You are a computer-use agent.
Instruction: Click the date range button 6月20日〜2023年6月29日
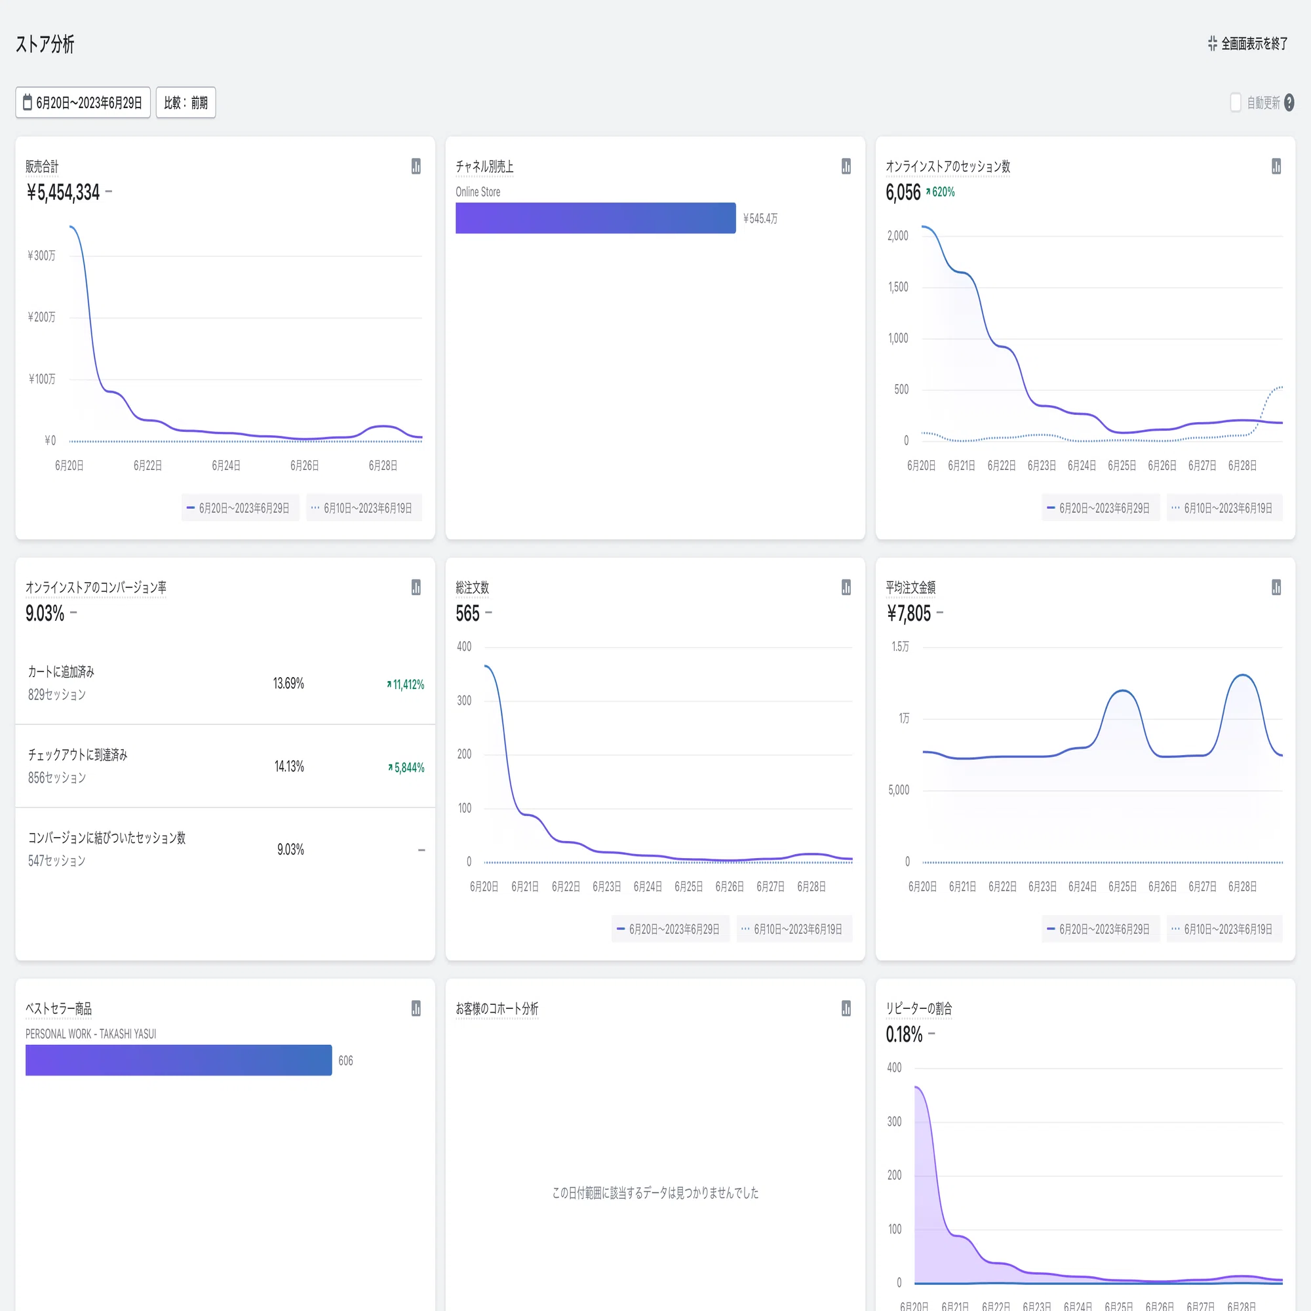(x=83, y=102)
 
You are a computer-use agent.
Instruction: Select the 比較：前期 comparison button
(x=186, y=102)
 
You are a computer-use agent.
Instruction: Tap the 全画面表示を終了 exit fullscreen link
(x=1247, y=44)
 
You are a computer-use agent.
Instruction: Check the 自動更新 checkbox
(x=1236, y=102)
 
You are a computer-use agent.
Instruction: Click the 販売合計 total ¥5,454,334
(x=63, y=193)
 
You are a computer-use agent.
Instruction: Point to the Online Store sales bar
(x=595, y=218)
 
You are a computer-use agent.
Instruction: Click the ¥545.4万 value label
(x=760, y=218)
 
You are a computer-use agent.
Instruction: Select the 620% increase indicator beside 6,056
(x=941, y=192)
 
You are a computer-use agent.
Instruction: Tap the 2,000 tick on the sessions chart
(x=898, y=236)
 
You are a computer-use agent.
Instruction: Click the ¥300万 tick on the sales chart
(x=41, y=256)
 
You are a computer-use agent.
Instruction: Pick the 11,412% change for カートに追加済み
(x=406, y=685)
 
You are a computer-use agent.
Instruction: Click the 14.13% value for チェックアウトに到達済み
(x=289, y=767)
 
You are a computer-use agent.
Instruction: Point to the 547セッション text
(x=57, y=861)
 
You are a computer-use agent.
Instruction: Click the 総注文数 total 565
(x=467, y=614)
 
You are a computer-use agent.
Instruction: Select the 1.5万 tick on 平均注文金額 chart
(x=901, y=647)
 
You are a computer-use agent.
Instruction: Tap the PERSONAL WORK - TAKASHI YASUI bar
(x=178, y=1060)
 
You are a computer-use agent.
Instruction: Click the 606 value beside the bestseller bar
(x=345, y=1061)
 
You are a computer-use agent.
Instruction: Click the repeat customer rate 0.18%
(x=904, y=1035)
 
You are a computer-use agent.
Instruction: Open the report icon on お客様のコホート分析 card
(x=846, y=1008)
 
